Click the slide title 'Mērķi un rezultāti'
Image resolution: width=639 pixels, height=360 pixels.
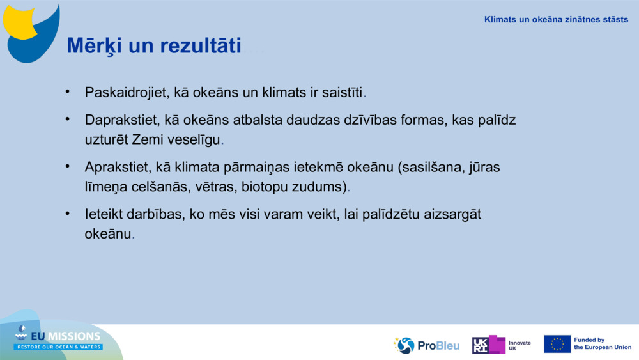(x=154, y=46)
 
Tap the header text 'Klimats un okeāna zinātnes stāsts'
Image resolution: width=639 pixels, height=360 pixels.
(x=556, y=19)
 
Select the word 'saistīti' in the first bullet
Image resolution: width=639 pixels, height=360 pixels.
(x=342, y=93)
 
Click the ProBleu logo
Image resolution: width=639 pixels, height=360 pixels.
(x=426, y=345)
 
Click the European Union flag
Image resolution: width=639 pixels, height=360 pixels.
(x=557, y=344)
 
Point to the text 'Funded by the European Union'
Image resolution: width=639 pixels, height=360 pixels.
(x=602, y=344)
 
